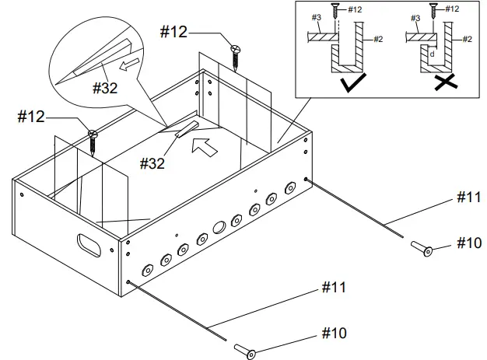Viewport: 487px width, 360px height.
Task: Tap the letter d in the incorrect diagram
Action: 432,54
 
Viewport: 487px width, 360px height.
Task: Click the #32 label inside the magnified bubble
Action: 105,88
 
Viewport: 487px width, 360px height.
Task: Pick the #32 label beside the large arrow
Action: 152,163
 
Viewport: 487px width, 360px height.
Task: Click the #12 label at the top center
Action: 172,32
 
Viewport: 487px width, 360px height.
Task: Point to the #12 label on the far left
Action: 30,117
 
